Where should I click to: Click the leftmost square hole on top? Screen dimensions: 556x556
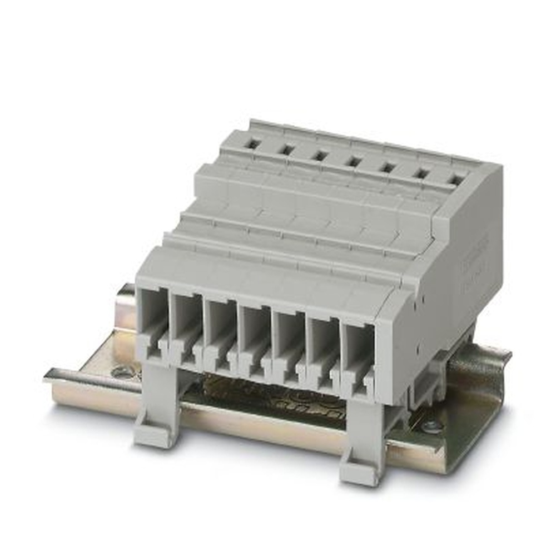click(253, 144)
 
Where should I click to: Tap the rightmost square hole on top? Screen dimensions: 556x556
click(456, 180)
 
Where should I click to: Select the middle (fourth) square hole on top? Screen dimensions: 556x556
click(353, 161)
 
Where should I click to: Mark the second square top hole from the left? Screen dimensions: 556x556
click(286, 150)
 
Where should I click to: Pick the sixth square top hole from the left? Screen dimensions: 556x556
click(422, 173)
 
